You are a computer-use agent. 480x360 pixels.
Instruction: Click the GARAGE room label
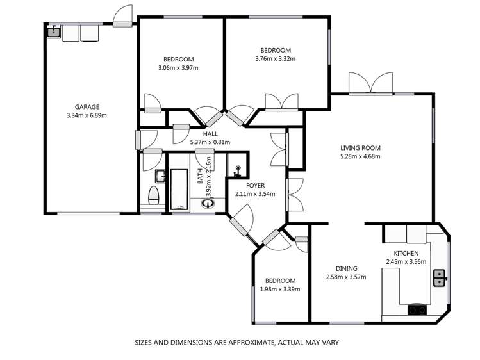click(87, 107)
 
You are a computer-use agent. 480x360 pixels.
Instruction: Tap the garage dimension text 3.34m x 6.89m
click(87, 116)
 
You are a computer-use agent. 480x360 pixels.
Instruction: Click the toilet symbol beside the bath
click(153, 195)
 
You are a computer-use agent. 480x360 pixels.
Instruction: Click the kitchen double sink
click(440, 277)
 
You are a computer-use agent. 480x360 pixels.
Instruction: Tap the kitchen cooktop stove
click(418, 310)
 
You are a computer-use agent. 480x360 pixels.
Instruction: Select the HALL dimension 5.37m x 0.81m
click(211, 142)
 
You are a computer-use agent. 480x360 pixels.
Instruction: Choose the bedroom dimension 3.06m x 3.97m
click(178, 67)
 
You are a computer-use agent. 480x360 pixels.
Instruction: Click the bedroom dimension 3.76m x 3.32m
click(276, 59)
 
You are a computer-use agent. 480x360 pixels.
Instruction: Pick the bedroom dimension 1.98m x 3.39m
click(281, 289)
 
